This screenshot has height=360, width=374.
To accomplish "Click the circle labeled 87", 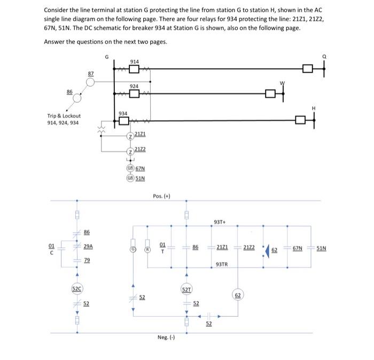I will tap(91, 82).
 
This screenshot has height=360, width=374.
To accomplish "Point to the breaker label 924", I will tap(134, 86).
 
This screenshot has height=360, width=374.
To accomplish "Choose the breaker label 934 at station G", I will tap(123, 113).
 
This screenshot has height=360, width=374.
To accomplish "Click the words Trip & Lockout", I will tap(64, 116).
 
